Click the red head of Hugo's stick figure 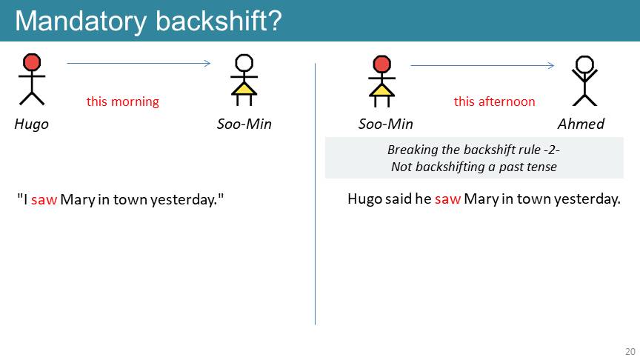pos(32,62)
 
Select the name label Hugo pos(31,124)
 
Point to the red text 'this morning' pos(122,101)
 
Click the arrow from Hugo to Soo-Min pos(139,63)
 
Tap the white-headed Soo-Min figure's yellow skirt pos(244,89)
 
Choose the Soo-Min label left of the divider pos(244,124)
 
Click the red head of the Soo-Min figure pos(381,64)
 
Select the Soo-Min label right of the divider pos(386,124)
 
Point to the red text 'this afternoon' pos(494,101)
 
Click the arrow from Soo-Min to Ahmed pos(482,65)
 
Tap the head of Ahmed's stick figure pos(584,64)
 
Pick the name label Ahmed pos(581,124)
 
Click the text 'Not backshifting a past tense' pos(474,167)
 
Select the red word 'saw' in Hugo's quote pos(44,199)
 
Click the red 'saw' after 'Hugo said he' pos(447,199)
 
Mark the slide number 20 pos(630,351)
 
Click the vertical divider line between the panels pos(315,194)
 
